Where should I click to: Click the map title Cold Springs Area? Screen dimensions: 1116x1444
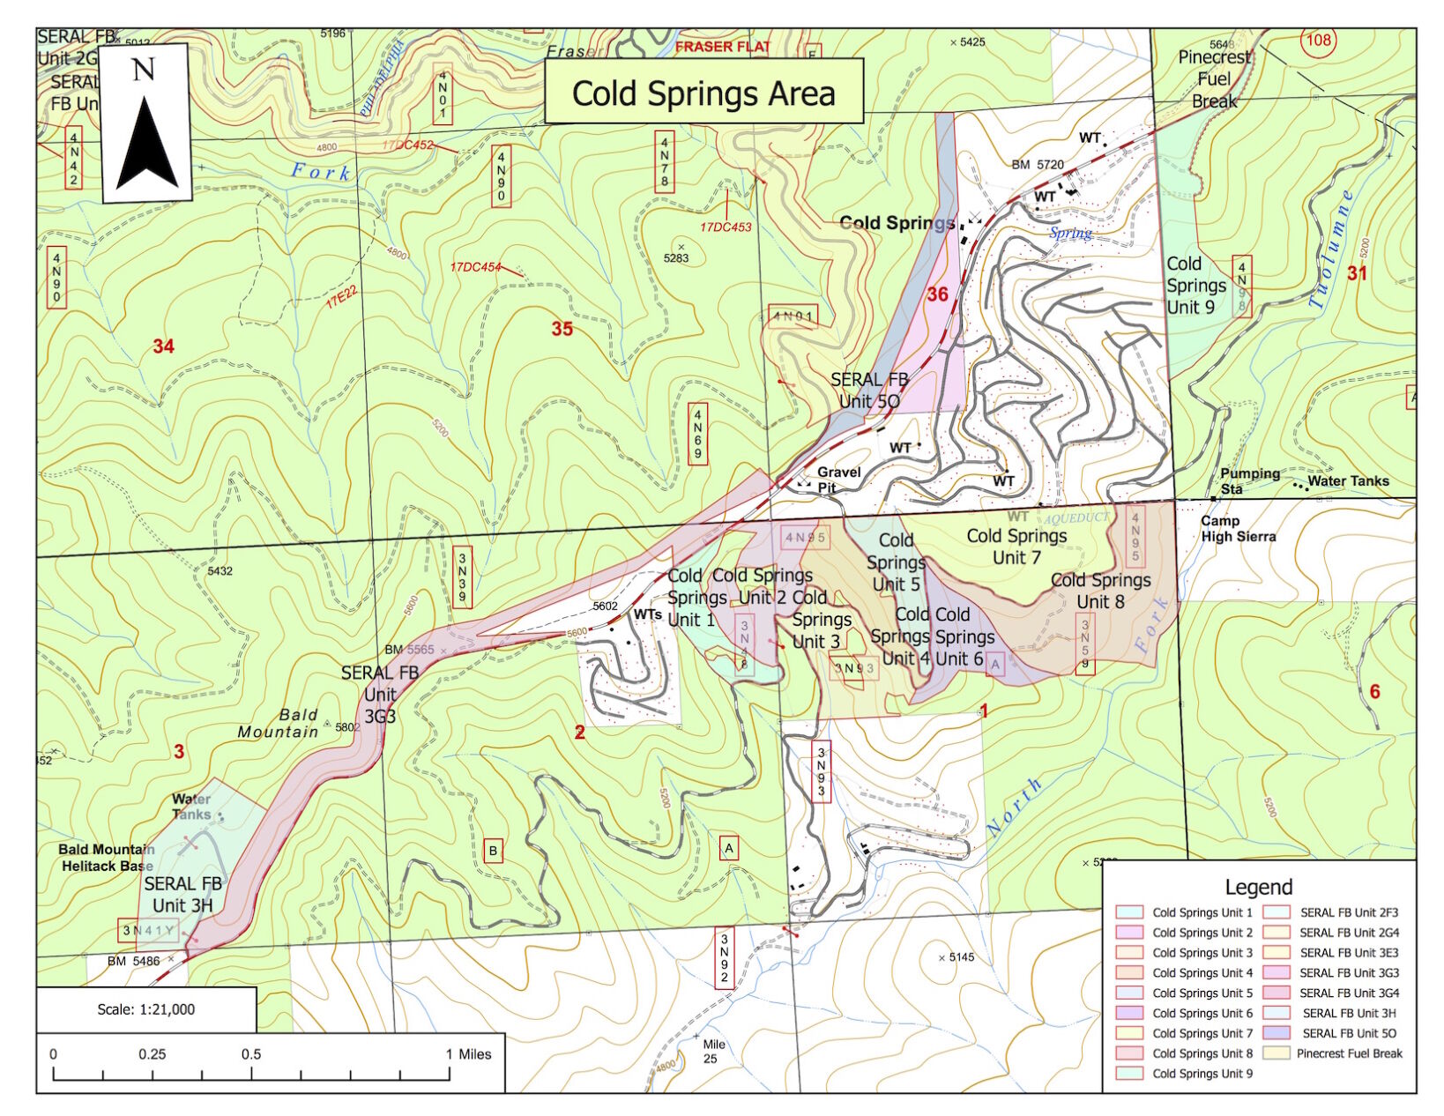pos(703,93)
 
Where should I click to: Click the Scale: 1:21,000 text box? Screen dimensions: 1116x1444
pos(146,1009)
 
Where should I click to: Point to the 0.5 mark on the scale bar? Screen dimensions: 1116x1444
pos(251,1054)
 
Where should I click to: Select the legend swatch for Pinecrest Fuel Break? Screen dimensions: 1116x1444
pos(1276,1053)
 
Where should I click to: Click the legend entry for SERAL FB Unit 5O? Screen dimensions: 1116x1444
pos(1349,1033)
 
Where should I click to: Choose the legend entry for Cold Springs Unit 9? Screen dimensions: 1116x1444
pos(1202,1074)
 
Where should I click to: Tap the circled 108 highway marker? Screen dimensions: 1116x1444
pos(1318,41)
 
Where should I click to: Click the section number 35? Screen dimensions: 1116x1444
pos(562,329)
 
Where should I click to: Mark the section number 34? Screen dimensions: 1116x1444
pos(163,346)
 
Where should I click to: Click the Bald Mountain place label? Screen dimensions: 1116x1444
pos(279,723)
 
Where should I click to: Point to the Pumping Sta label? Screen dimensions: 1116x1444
pos(1249,480)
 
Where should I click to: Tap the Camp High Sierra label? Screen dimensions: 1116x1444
pos(1238,529)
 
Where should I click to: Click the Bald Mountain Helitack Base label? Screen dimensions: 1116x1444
pos(106,858)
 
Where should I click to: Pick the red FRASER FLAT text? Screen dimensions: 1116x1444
pos(723,47)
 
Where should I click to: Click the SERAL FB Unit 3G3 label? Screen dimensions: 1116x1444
pos(380,695)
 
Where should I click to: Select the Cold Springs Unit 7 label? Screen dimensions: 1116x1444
pos(1016,547)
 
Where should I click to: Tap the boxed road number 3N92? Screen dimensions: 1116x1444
pos(725,958)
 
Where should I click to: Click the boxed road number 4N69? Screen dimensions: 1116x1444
pos(697,435)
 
